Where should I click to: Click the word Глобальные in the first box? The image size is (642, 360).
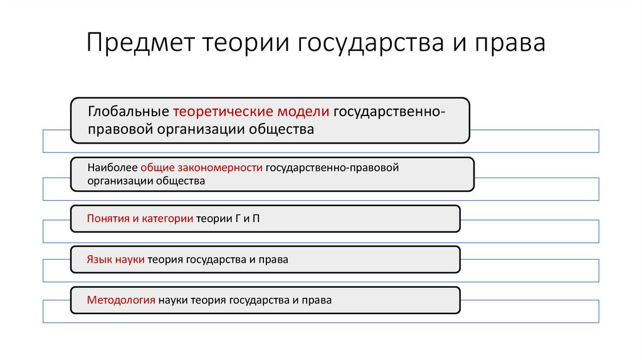129,112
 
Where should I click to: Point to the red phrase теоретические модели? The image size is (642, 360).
251,112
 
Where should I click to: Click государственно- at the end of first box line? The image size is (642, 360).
389,112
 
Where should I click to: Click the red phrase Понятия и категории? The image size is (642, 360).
140,219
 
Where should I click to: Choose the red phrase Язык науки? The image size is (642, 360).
116,259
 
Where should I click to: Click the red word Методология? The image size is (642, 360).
121,300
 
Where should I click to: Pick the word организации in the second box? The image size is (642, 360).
113,181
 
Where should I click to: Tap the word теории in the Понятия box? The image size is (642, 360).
213,219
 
